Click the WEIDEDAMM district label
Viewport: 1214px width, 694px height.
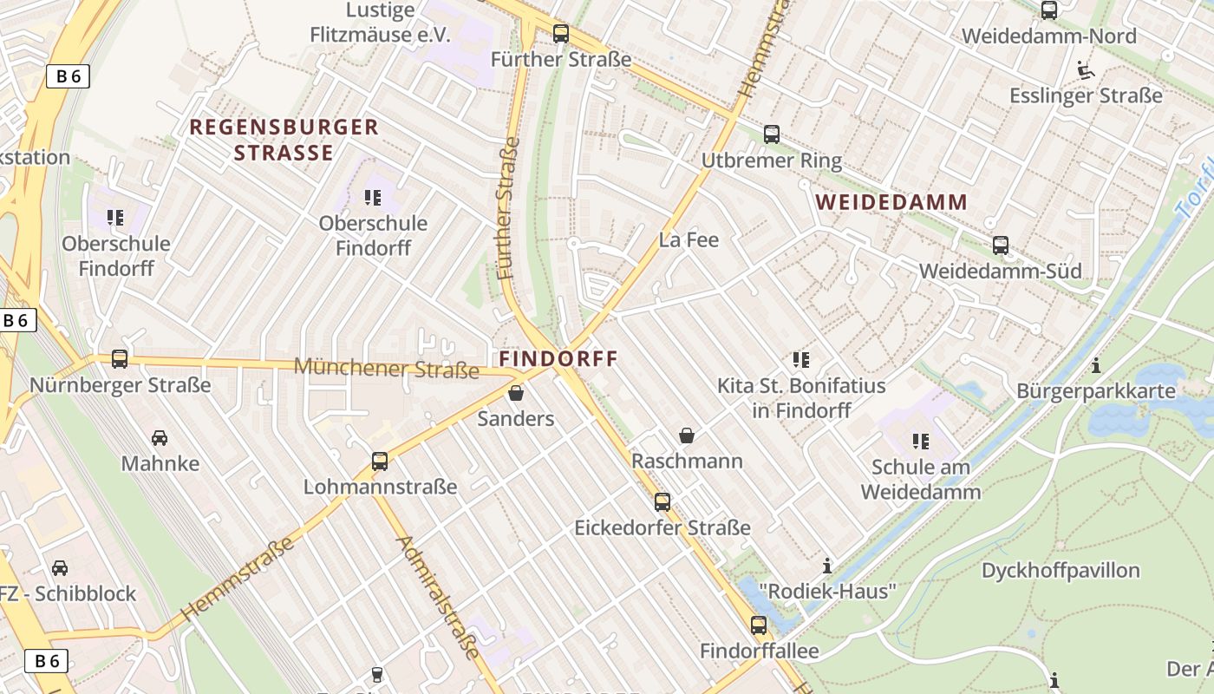pyautogui.click(x=892, y=202)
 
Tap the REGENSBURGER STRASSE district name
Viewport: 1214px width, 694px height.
pyautogui.click(x=284, y=140)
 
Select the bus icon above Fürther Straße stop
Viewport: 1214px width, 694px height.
pyautogui.click(x=561, y=34)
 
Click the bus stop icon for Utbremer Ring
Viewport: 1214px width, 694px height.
pyautogui.click(x=771, y=134)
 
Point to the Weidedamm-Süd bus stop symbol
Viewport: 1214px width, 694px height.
pyautogui.click(x=1000, y=246)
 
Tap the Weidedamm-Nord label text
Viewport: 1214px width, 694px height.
pyautogui.click(x=1048, y=36)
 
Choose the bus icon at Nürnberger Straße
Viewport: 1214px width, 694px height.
pyautogui.click(x=120, y=358)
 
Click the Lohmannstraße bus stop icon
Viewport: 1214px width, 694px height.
pyautogui.click(x=379, y=462)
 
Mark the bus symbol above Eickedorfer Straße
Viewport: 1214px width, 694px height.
pyautogui.click(x=662, y=501)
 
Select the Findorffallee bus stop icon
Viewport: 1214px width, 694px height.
pyautogui.click(x=759, y=625)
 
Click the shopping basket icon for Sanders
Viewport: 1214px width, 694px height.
pyautogui.click(x=516, y=393)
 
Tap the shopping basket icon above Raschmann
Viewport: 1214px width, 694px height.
pyautogui.click(x=687, y=435)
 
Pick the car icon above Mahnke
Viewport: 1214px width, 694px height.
pyautogui.click(x=160, y=437)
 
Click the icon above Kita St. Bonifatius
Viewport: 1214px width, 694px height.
pyautogui.click(x=800, y=359)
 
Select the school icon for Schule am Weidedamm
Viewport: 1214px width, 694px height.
pyautogui.click(x=920, y=442)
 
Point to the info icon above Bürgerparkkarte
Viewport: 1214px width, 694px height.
pyautogui.click(x=1095, y=365)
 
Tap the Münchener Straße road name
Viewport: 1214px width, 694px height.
pyautogui.click(x=386, y=368)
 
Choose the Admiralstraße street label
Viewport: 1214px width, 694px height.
pyautogui.click(x=438, y=597)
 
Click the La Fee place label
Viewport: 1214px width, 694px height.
pyautogui.click(x=689, y=240)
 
